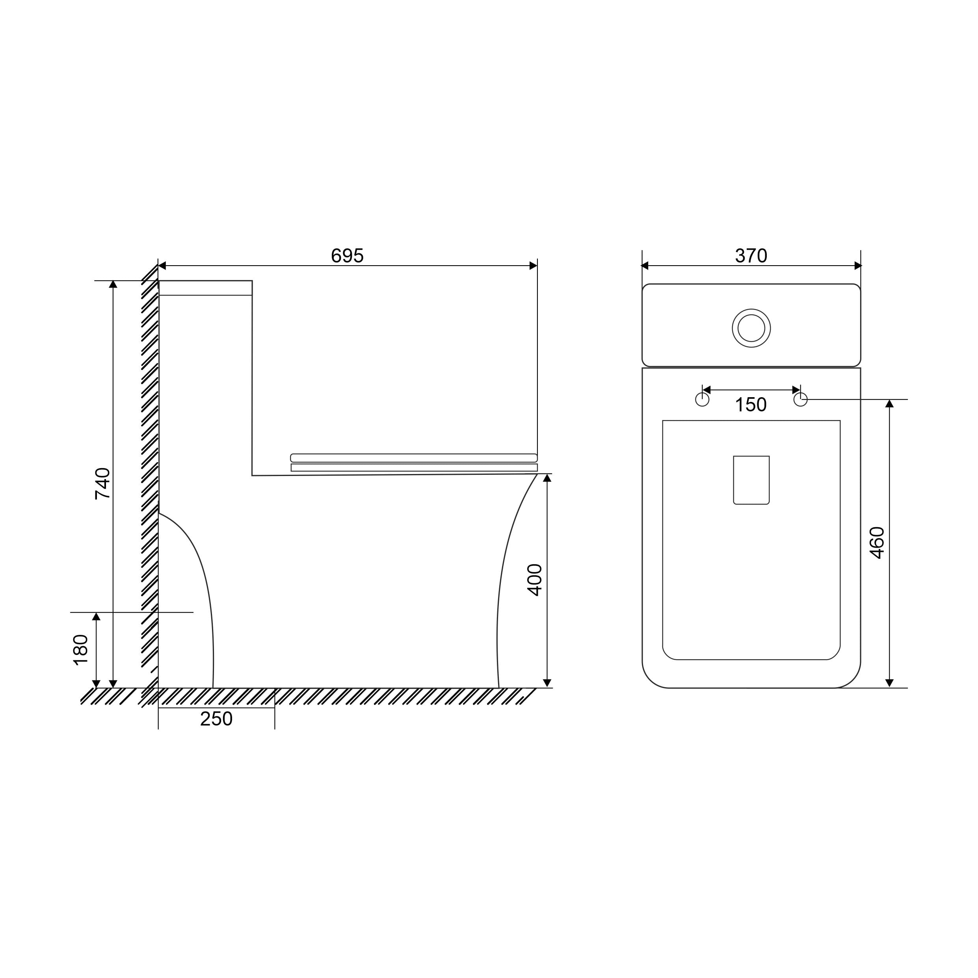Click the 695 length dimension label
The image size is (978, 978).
(x=347, y=256)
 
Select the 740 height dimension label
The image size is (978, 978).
(x=103, y=484)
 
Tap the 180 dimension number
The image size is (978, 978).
(x=81, y=650)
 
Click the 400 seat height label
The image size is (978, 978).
(x=535, y=580)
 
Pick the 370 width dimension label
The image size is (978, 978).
(x=751, y=256)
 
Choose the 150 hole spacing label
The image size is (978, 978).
(x=751, y=405)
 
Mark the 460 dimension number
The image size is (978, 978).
(x=877, y=543)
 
